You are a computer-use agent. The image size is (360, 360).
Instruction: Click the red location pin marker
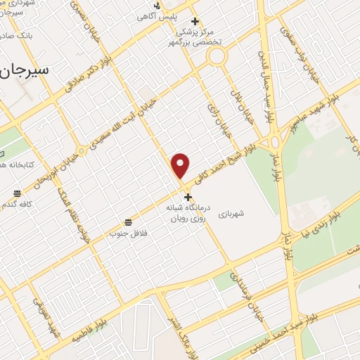(181, 165)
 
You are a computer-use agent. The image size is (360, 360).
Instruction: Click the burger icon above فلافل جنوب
(127, 221)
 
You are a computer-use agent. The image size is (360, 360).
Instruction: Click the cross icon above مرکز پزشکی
(195, 21)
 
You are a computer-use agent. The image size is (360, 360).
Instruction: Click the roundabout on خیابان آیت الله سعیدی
(81, 150)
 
